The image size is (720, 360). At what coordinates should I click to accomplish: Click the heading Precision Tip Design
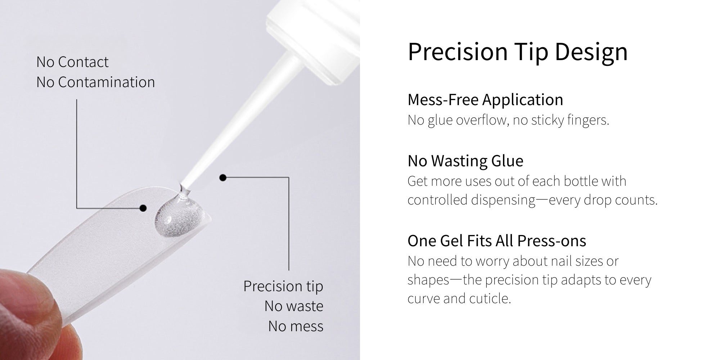pos(518,53)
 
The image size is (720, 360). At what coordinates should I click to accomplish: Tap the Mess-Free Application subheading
pos(485,100)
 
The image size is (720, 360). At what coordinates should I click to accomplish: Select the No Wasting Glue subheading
pos(465,161)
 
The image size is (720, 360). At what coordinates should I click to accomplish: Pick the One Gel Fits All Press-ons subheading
pos(497,241)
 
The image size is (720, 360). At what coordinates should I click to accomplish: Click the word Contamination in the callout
pos(107,82)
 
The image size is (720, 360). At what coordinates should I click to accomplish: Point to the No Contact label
pos(72,62)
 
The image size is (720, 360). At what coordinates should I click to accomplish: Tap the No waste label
pos(294,306)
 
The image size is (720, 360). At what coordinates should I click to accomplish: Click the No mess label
pos(296,326)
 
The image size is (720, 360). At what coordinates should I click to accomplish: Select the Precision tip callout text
pos(283,287)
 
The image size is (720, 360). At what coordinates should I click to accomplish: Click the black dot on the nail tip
pos(143,208)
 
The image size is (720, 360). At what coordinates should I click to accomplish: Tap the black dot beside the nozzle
pos(223,177)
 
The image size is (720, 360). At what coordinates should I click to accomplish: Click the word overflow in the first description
pos(482,120)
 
